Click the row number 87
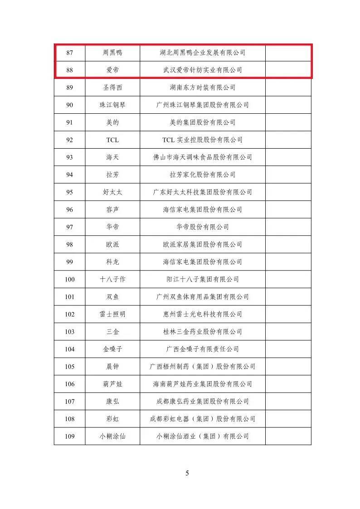(x=69, y=53)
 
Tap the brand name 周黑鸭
(x=112, y=53)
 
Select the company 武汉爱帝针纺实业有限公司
(x=203, y=70)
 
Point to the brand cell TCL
(x=112, y=140)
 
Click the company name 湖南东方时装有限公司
(x=203, y=87)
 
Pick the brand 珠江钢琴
(x=112, y=105)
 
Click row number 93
(x=69, y=157)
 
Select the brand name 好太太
(x=112, y=192)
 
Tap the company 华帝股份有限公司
(x=203, y=227)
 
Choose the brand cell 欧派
(x=112, y=245)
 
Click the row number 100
(x=69, y=280)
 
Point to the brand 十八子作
(x=112, y=280)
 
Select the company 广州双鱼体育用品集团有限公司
(x=203, y=297)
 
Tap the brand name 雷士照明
(x=112, y=315)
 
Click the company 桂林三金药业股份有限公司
(x=203, y=332)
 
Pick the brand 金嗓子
(x=112, y=349)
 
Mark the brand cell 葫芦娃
(x=112, y=384)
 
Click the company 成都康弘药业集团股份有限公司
(x=203, y=402)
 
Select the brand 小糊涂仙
(x=112, y=436)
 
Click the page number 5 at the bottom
(x=187, y=473)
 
